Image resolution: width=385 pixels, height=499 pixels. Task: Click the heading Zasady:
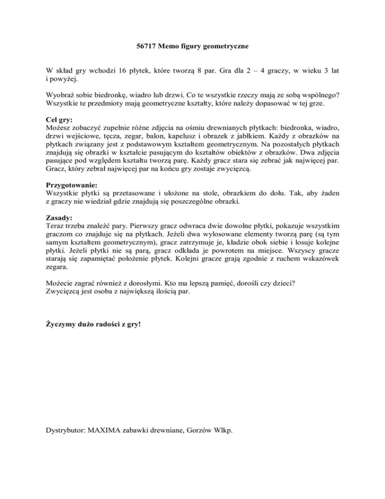coord(58,218)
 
